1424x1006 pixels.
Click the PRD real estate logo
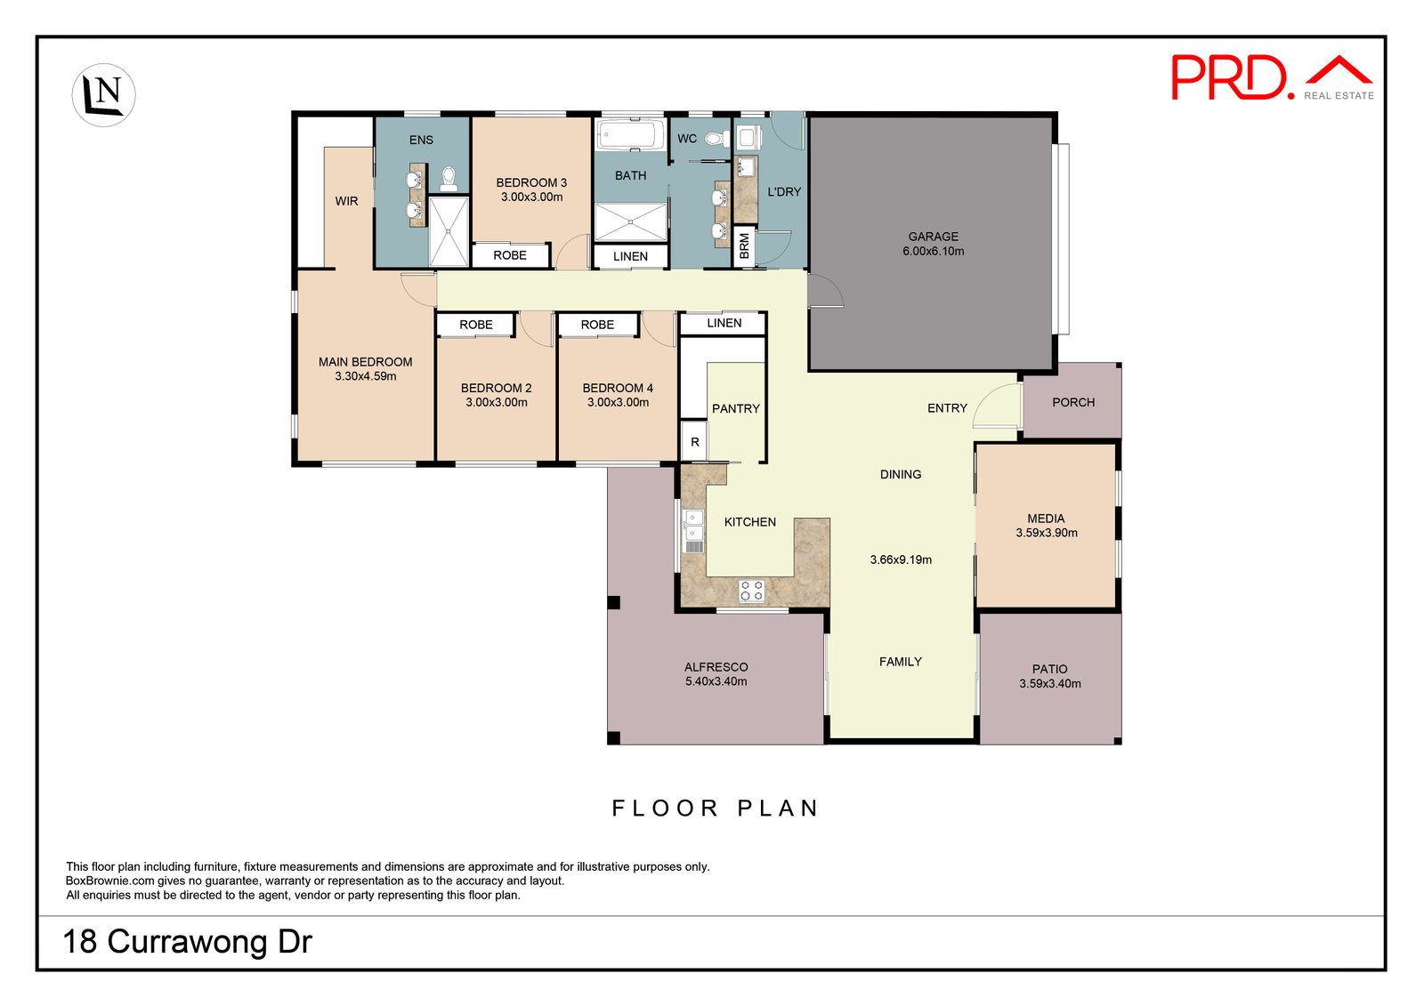tap(1272, 77)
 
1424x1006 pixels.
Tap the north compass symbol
tap(103, 94)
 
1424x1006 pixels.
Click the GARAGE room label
tap(934, 237)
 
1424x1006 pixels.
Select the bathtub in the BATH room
tap(630, 135)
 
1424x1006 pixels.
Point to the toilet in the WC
tap(716, 138)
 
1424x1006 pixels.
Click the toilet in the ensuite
tap(449, 179)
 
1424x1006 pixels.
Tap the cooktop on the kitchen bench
tap(751, 591)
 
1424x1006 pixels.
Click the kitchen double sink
tap(693, 531)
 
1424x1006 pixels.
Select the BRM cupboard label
tap(744, 245)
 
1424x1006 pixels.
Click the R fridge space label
tap(695, 442)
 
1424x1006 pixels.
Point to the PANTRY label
tap(735, 408)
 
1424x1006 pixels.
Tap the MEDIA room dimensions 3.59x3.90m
tap(1047, 533)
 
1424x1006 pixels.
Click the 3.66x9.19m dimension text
tap(901, 559)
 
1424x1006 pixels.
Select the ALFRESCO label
tap(716, 667)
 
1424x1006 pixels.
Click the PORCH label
tap(1073, 402)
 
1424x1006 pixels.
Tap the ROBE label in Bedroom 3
tap(510, 255)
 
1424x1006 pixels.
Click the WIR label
tap(346, 201)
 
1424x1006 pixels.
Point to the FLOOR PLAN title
tap(716, 809)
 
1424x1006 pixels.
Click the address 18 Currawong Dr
tap(188, 942)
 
